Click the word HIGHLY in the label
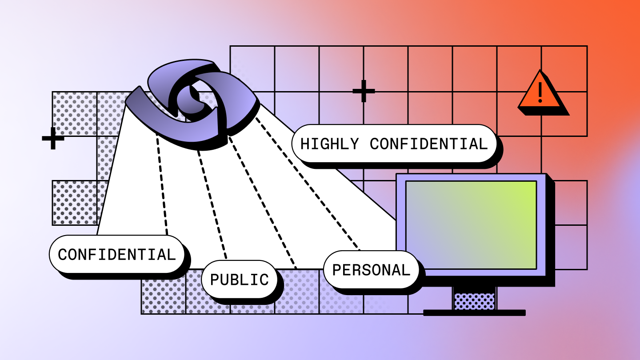329,144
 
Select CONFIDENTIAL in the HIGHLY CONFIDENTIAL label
428,144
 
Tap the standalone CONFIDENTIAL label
116,254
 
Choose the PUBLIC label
239,280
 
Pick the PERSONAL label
371,270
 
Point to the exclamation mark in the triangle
540,92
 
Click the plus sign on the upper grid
364,91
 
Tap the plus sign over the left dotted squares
53,138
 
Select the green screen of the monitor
471,224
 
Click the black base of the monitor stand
474,313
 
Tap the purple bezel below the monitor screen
471,273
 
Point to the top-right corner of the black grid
587,46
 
